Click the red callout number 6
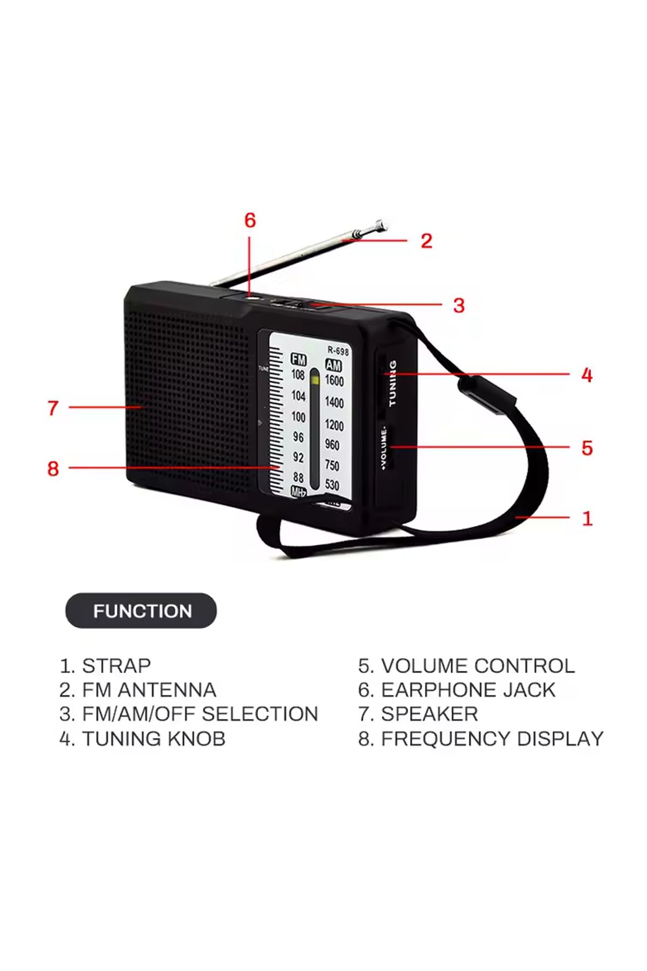250,220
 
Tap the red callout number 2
426,241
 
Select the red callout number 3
459,305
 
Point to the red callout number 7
53,408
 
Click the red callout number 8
53,468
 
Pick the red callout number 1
588,518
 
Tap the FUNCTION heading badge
141,611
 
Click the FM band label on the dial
298,360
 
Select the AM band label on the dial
333,365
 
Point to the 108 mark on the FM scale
298,374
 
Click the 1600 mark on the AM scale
334,380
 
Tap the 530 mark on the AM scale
332,485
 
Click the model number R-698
338,351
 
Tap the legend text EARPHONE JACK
468,690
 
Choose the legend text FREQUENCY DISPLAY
492,738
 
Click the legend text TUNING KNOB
154,738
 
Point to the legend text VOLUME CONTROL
478,666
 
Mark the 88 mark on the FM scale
298,477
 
